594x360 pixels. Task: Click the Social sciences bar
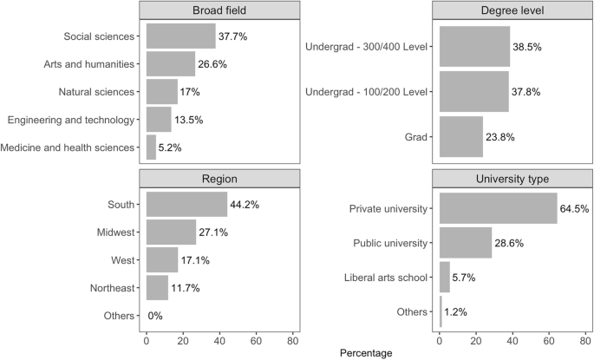pos(180,36)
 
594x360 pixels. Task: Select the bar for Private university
pos(498,209)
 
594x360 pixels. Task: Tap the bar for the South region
pos(186,205)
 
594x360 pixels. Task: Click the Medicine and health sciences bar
pos(151,147)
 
